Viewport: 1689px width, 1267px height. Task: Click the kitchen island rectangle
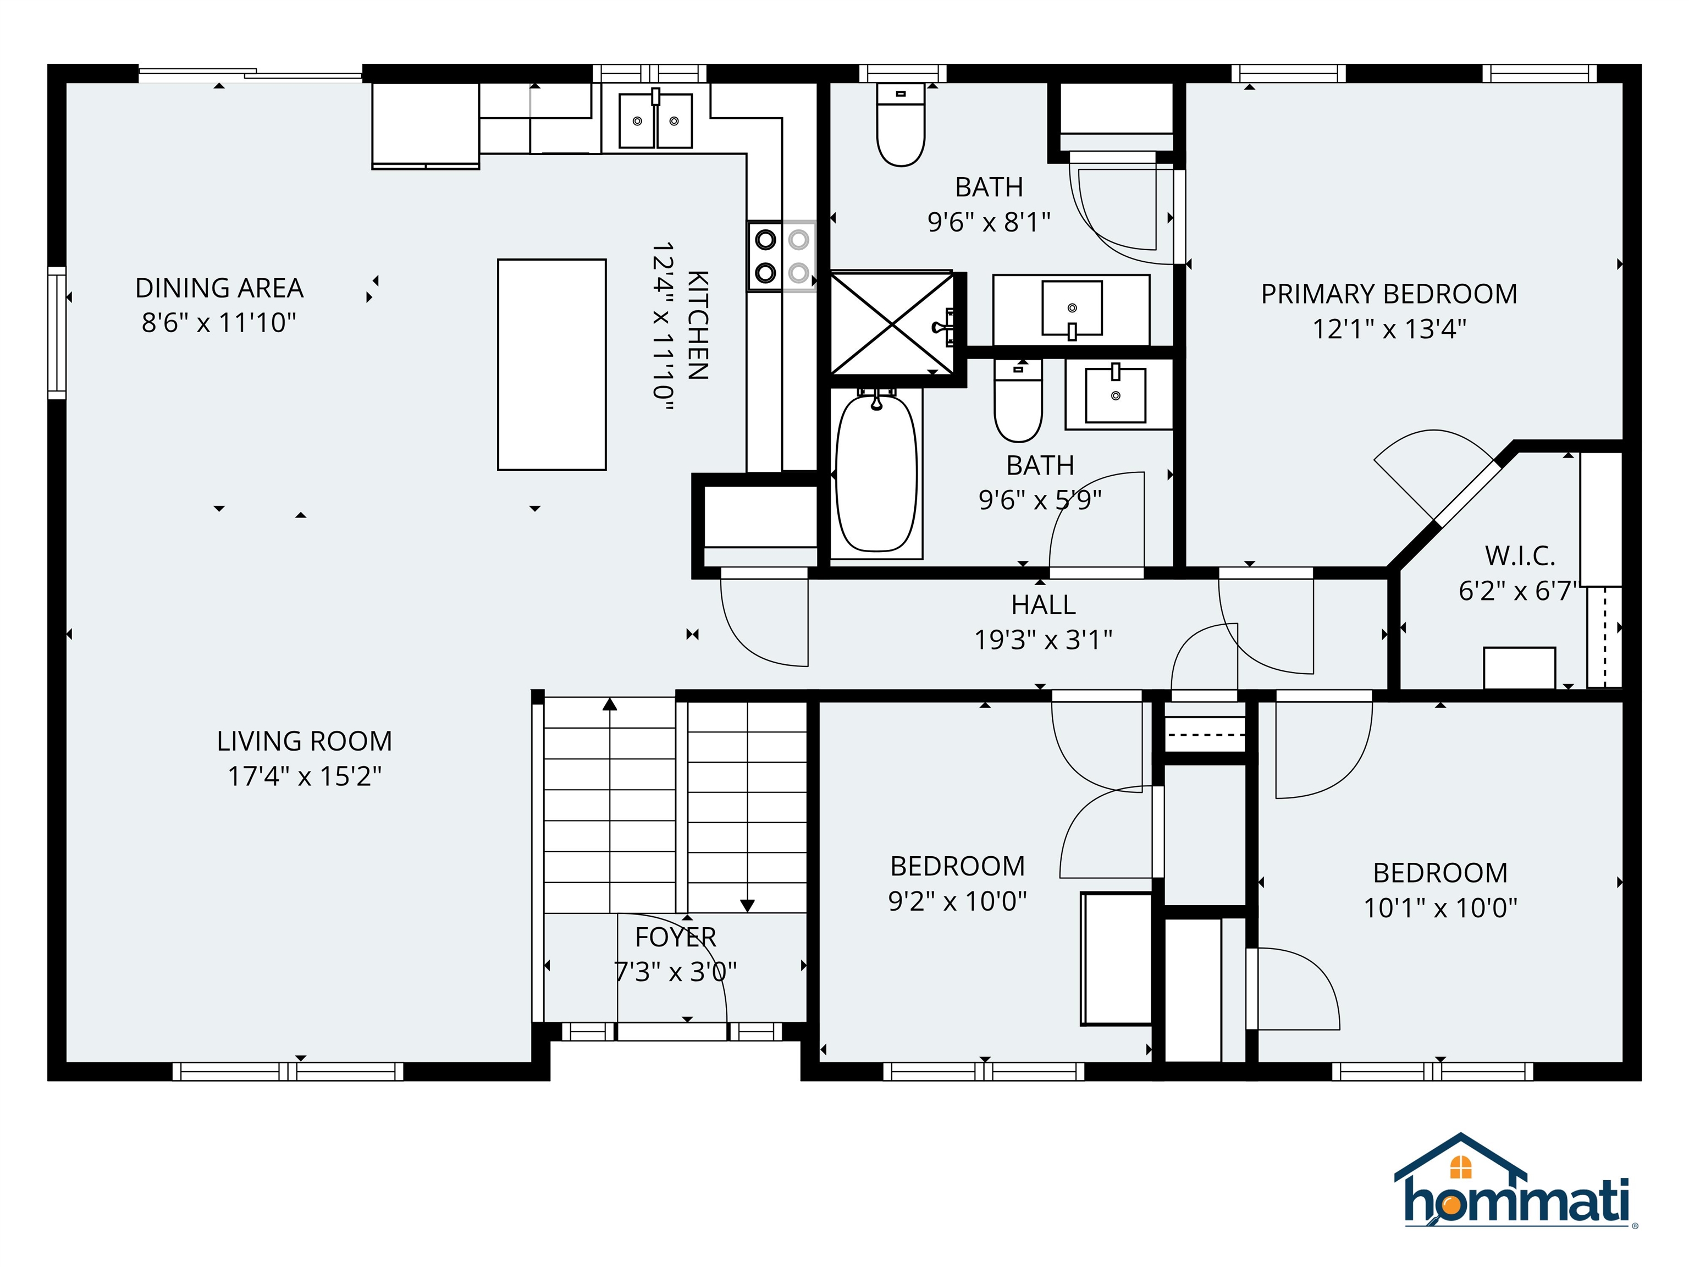551,364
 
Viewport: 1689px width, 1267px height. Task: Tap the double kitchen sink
655,120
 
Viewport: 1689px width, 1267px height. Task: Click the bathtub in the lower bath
876,472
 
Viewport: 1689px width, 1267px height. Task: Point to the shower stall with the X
892,324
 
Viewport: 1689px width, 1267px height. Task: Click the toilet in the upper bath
901,126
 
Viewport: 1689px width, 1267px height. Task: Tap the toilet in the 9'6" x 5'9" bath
1018,403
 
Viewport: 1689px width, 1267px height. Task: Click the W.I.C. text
1520,556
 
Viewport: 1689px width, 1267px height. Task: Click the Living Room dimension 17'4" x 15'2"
305,776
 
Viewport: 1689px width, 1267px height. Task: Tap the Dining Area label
219,289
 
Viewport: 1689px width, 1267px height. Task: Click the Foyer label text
676,937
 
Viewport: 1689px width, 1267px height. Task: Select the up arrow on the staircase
609,704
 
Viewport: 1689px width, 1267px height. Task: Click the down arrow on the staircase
748,905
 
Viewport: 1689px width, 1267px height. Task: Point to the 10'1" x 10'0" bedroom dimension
1440,908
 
